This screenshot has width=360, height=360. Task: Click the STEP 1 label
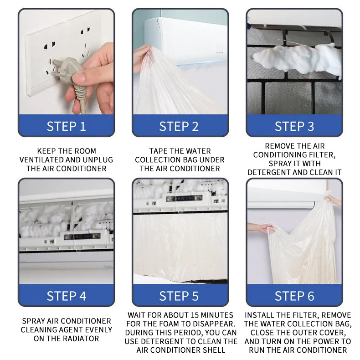click(66, 127)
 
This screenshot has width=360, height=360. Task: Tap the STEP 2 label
click(179, 127)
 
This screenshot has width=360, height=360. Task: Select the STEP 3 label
click(294, 127)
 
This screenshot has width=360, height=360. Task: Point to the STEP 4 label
click(66, 296)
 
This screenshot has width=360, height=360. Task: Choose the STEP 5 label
click(179, 296)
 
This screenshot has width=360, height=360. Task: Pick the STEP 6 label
click(294, 296)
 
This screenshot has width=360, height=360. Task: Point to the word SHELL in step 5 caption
click(214, 350)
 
